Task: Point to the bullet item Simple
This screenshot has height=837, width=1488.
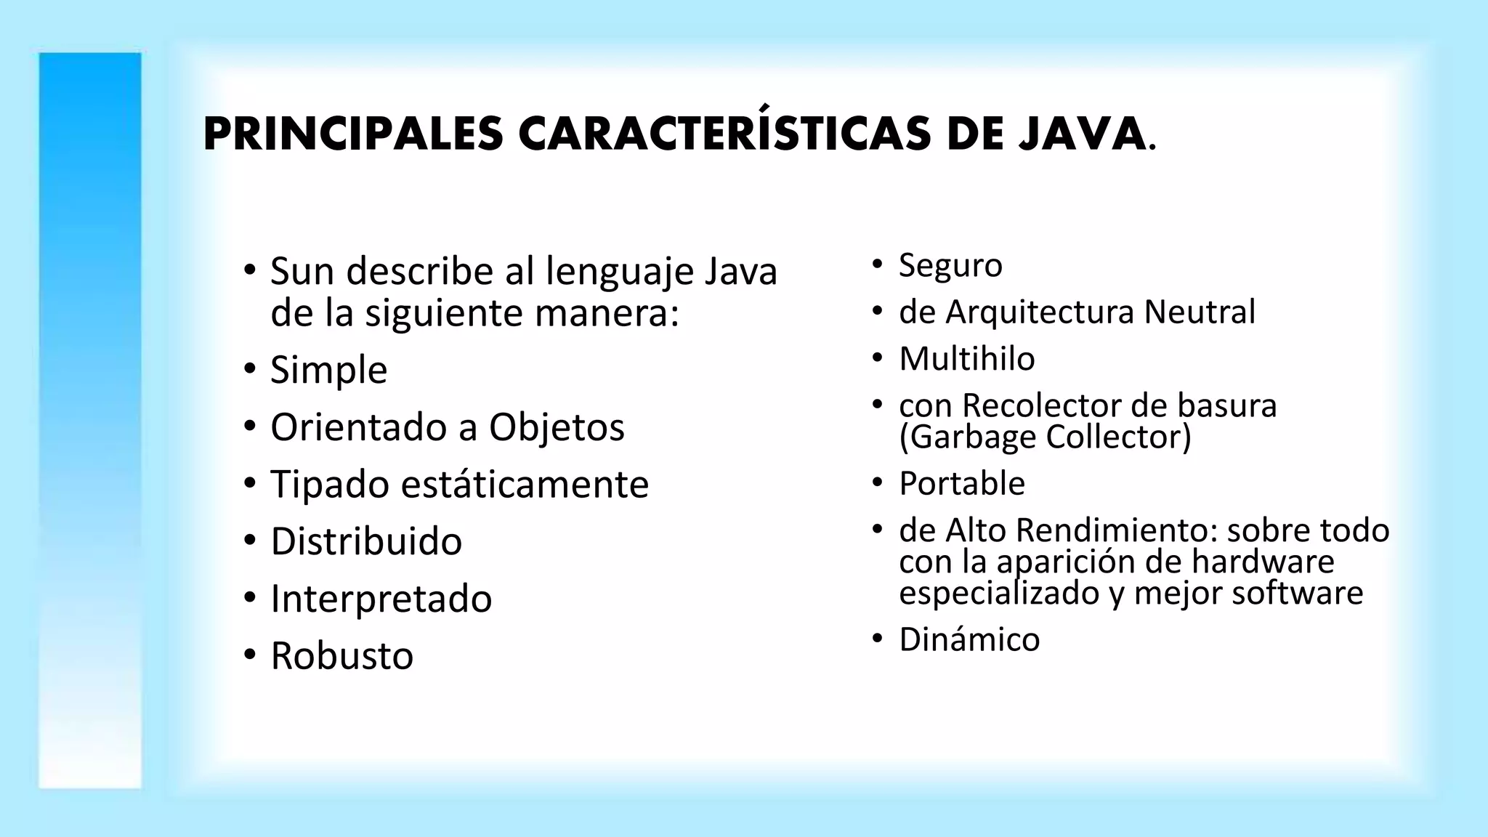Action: [328, 370]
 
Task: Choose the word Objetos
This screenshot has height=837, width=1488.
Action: [557, 427]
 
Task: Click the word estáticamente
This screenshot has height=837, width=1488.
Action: [525, 485]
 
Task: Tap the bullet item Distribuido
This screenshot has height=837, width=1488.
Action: [366, 541]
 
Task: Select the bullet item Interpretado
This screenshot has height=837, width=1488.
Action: [381, 599]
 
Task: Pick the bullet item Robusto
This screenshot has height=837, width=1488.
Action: [341, 656]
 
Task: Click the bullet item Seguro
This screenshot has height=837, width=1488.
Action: [950, 265]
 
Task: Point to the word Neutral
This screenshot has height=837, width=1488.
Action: [1200, 312]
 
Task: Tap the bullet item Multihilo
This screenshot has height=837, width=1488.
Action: [966, 359]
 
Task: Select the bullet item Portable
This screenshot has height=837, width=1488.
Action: [962, 484]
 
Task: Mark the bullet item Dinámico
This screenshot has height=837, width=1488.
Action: [969, 640]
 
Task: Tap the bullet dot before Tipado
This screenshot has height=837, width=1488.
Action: [251, 483]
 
